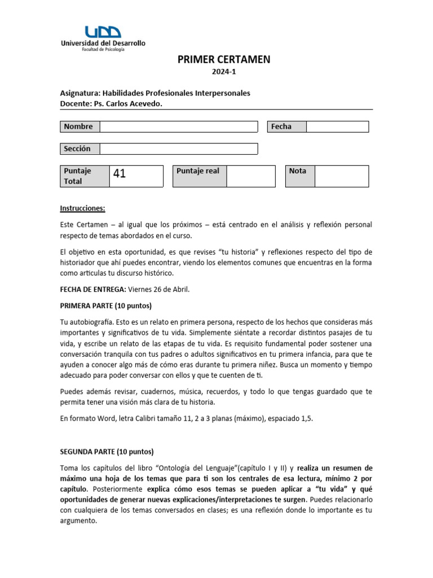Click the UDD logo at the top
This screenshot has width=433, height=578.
point(103,32)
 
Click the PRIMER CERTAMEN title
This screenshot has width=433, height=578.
point(224,60)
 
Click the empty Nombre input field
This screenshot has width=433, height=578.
point(178,126)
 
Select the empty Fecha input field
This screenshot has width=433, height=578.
point(337,126)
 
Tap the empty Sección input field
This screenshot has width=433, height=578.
point(178,148)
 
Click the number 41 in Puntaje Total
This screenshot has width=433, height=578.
point(120,174)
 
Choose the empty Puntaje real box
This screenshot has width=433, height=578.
point(251,176)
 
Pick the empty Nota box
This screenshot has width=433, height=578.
point(341,176)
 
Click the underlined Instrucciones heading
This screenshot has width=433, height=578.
point(82,208)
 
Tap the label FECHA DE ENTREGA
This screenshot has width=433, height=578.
point(93,290)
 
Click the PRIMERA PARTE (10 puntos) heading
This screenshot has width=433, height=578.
point(106,306)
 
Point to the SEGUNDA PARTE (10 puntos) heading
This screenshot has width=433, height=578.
point(107,452)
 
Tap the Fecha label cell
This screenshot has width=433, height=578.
point(281,126)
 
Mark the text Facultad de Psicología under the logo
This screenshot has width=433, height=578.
point(103,50)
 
